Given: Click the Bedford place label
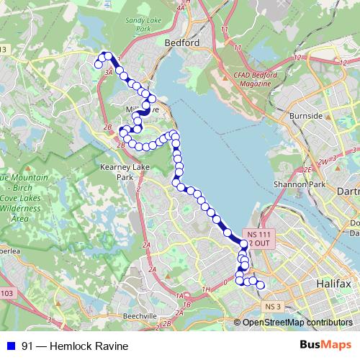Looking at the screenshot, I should click(182, 42).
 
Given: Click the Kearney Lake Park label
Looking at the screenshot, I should click(116, 171).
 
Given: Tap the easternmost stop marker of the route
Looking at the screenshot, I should click(261, 286).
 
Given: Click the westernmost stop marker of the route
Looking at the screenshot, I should click(98, 65).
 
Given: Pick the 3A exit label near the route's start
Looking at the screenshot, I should click(109, 72).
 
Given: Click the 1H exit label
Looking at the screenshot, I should click(206, 290).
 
